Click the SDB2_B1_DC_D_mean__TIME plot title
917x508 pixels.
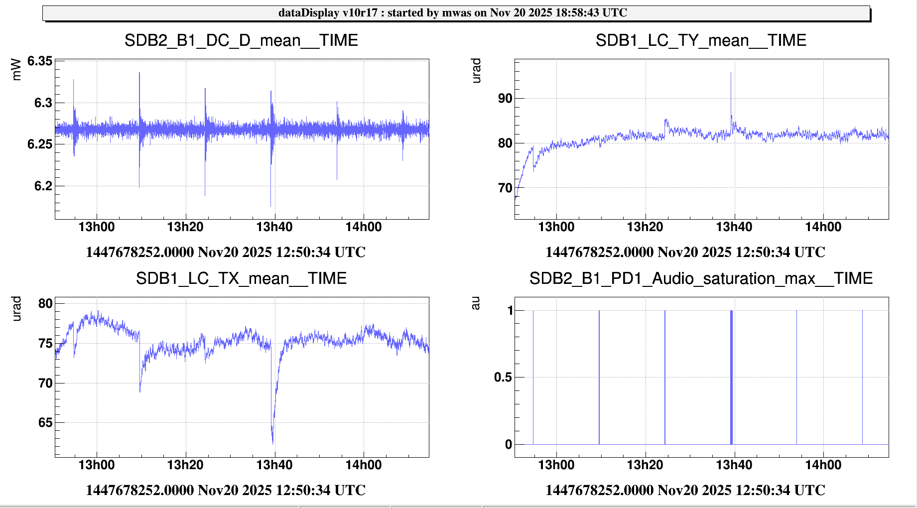pyautogui.click(x=241, y=40)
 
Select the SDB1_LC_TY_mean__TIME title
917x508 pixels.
pyautogui.click(x=701, y=40)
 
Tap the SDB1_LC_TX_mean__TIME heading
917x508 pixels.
pyautogui.click(x=241, y=278)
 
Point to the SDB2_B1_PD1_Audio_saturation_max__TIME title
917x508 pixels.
pyautogui.click(x=701, y=278)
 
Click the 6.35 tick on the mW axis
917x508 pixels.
pyautogui.click(x=40, y=61)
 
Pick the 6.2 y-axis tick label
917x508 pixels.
pyautogui.click(x=43, y=186)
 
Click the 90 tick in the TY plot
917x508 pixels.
pyautogui.click(x=505, y=99)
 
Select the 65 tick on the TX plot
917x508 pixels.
pyautogui.click(x=45, y=423)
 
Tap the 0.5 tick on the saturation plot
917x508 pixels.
pyautogui.click(x=503, y=378)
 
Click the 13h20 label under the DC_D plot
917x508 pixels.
pyautogui.click(x=185, y=227)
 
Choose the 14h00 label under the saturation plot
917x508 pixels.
pyautogui.click(x=823, y=465)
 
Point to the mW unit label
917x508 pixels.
pyautogui.click(x=16, y=70)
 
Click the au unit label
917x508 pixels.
pyautogui.click(x=476, y=303)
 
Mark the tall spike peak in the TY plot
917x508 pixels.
pyautogui.click(x=731, y=73)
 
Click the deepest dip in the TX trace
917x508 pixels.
pyautogui.click(x=272, y=442)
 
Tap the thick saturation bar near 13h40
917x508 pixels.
pyautogui.click(x=731, y=377)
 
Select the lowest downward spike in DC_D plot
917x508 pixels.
pyautogui.click(x=271, y=206)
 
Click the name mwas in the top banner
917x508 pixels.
pyautogui.click(x=456, y=13)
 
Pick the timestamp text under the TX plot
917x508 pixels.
pyautogui.click(x=226, y=490)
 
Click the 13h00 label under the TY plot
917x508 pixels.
pyautogui.click(x=556, y=227)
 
